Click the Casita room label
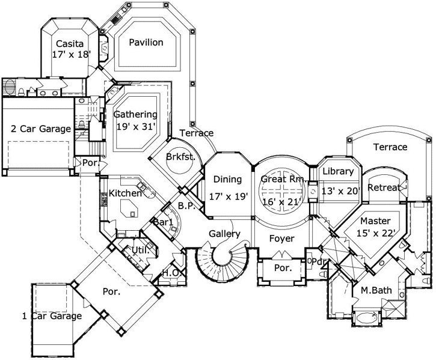pyautogui.click(x=70, y=43)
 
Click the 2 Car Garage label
pyautogui.click(x=41, y=129)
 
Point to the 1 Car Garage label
pyautogui.click(x=52, y=316)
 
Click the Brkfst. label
pyautogui.click(x=179, y=157)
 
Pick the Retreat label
pyautogui.click(x=384, y=188)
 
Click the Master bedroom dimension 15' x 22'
pyautogui.click(x=375, y=233)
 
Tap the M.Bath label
pyautogui.click(x=376, y=291)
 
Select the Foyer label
pyautogui.click(x=281, y=239)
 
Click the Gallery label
pyautogui.click(x=225, y=234)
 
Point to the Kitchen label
pyautogui.click(x=125, y=193)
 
